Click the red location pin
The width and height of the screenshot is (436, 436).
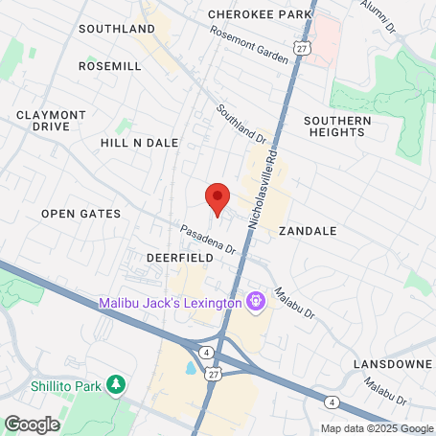pos(218,198)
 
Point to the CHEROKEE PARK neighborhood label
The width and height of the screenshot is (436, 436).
pos(260,14)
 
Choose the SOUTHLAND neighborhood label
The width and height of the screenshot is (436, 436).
pos(117,29)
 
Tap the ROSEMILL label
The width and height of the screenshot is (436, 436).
pos(110,66)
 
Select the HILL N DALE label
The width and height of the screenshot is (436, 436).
pos(140,142)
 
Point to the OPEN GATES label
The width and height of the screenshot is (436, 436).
pos(80,214)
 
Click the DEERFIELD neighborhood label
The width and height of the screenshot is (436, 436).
pos(177,258)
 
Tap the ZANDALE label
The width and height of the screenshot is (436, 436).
pos(308,231)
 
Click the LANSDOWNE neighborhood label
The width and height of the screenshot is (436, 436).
pos(393,364)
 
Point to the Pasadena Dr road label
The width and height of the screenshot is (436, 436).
pos(208,239)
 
